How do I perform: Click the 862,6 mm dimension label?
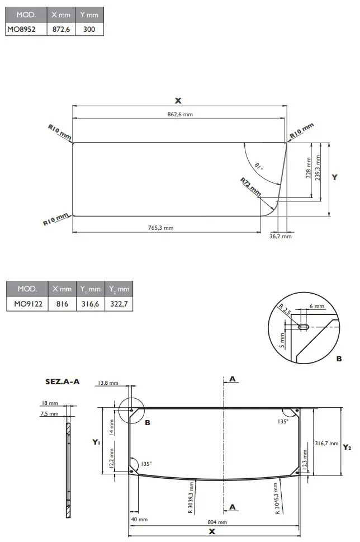click(179, 114)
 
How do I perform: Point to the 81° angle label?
click(258, 166)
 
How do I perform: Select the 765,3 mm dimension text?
click(160, 228)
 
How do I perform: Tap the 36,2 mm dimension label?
click(281, 237)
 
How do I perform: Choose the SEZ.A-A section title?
click(62, 381)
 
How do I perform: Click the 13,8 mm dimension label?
click(108, 383)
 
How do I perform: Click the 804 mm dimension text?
click(217, 522)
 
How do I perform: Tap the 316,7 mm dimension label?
click(326, 443)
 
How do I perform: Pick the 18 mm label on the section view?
click(50, 403)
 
